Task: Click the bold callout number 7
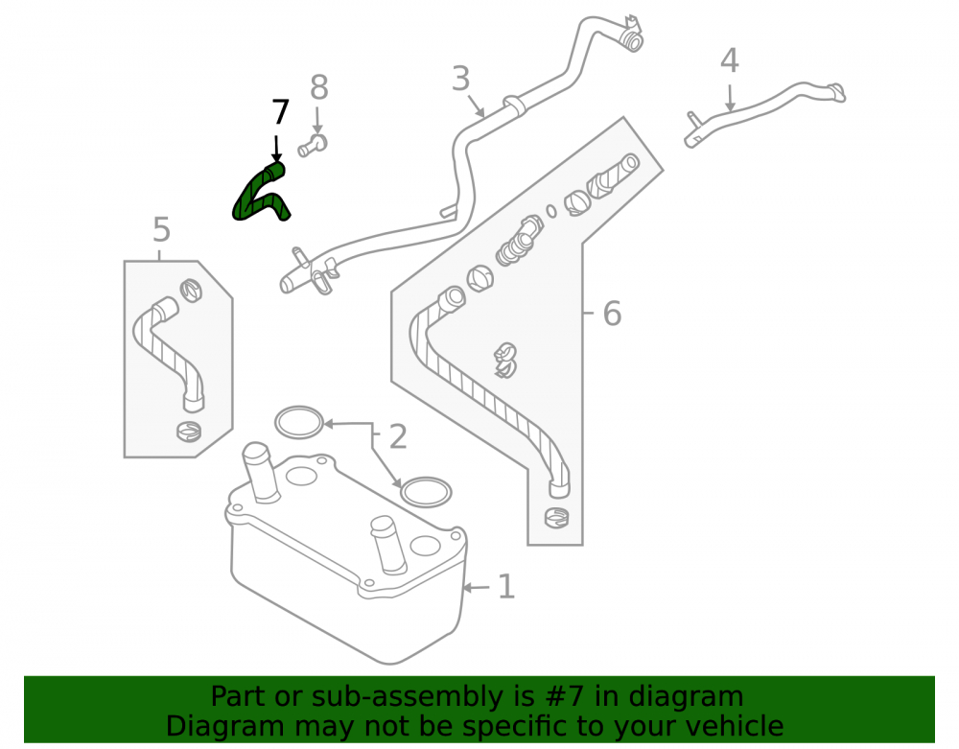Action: point(280,112)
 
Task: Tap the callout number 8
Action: point(318,87)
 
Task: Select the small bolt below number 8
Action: point(313,146)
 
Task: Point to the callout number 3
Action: point(460,79)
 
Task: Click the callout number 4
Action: point(730,60)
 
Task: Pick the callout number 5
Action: point(161,230)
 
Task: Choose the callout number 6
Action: point(612,314)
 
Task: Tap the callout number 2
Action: point(398,436)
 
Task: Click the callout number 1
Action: point(505,587)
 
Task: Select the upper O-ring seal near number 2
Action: point(298,423)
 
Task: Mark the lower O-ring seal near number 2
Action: point(426,492)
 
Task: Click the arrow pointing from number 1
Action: point(476,588)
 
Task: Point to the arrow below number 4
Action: point(730,99)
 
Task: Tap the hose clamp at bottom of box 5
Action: point(188,431)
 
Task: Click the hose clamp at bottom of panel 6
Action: point(556,517)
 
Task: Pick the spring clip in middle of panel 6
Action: point(505,361)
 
